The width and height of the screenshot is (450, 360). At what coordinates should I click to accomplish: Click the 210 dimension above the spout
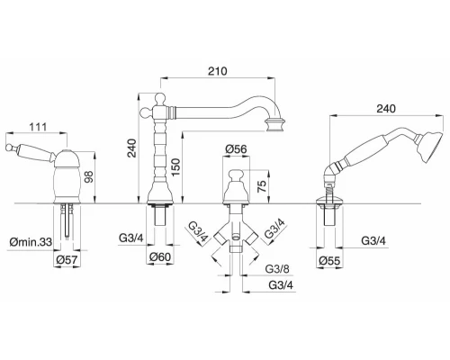click(x=218, y=71)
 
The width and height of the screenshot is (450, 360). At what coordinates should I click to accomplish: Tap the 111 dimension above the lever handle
click(x=38, y=127)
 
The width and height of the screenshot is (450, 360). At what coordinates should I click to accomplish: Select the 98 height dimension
click(x=89, y=176)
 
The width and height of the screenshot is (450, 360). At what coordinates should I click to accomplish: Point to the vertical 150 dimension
click(x=175, y=167)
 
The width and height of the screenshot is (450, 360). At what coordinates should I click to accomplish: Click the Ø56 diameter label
click(x=236, y=149)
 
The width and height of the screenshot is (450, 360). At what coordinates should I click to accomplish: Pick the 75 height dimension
click(x=262, y=186)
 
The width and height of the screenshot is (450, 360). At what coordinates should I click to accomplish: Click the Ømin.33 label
click(x=31, y=241)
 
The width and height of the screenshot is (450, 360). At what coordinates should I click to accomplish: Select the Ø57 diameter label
click(x=67, y=259)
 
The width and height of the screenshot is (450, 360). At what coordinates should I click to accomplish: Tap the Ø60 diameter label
click(x=160, y=257)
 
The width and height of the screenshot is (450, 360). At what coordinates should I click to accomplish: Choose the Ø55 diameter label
click(x=329, y=261)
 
